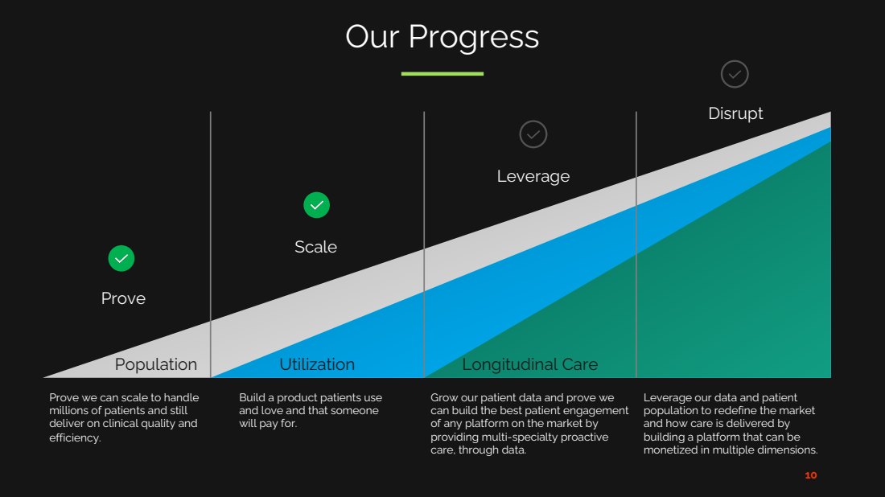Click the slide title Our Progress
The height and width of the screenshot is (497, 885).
(x=442, y=38)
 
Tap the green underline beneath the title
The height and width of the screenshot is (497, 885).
(x=442, y=73)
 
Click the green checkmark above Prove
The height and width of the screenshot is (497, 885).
(x=121, y=258)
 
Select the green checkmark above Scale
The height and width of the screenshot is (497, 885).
(x=317, y=205)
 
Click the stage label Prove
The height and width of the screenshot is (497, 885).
(x=123, y=298)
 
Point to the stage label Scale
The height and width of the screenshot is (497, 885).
(x=315, y=247)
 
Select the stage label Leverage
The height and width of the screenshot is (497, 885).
(x=533, y=177)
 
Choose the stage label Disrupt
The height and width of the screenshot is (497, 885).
(x=735, y=113)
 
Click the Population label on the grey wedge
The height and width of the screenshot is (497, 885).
(x=156, y=364)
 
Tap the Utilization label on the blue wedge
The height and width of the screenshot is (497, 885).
(x=317, y=364)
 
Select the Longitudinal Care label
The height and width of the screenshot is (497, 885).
(x=530, y=364)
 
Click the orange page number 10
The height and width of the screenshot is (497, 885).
(x=811, y=475)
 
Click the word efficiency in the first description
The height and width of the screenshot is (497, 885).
(x=74, y=437)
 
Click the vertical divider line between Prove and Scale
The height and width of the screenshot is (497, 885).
(x=211, y=244)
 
